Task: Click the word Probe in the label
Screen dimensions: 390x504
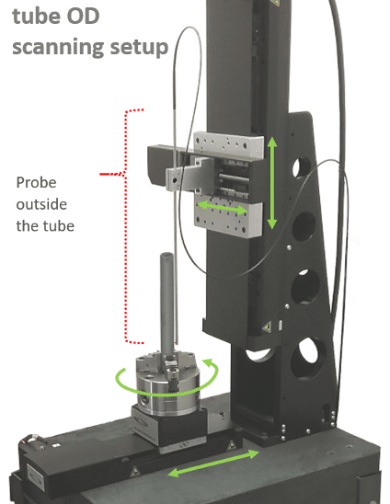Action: coord(36,183)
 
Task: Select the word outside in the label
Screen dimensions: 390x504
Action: coord(41,204)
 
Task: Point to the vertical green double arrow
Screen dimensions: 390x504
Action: coord(272,183)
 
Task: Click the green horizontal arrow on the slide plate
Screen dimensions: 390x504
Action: coord(222,207)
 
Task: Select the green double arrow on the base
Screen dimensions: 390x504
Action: coord(213,464)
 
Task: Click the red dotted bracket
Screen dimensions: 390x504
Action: coord(126,226)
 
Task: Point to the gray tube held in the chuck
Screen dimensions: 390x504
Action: coord(167,304)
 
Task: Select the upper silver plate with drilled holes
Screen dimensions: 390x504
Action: coord(229,144)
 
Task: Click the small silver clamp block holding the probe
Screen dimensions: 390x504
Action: coord(176,178)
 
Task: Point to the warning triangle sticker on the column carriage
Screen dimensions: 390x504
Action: coord(267,327)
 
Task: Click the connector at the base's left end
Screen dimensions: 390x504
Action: coord(33,441)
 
